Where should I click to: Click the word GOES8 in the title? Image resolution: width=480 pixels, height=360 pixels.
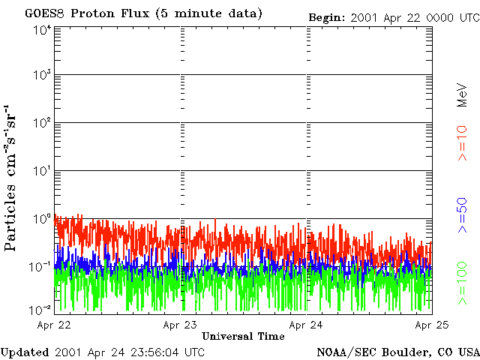(45, 13)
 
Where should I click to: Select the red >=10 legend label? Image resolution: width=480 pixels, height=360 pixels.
(462, 143)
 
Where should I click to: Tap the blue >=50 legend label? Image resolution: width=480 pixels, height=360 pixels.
(462, 215)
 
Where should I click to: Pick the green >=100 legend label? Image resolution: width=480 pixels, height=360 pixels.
(462, 283)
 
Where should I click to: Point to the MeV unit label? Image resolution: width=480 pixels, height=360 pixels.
(462, 94)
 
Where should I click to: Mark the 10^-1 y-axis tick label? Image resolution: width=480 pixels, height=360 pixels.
(41, 267)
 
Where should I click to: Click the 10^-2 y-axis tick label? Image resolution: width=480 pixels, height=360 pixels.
(41, 310)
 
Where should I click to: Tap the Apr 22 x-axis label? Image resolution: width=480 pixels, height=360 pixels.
(54, 325)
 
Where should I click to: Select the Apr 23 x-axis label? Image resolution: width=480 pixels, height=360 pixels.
(180, 325)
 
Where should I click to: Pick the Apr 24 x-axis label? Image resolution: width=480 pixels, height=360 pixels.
(306, 325)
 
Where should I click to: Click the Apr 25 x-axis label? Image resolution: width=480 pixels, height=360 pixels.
(432, 325)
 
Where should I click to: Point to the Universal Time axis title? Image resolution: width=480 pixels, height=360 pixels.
(243, 337)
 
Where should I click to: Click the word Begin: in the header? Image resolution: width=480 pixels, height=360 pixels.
(327, 18)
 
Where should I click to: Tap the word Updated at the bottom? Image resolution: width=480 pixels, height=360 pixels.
(25, 352)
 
